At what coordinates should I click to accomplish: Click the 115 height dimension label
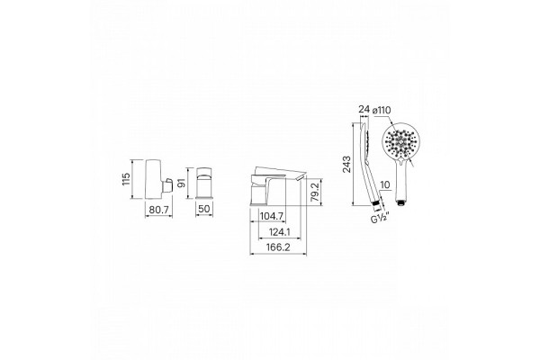point(126,179)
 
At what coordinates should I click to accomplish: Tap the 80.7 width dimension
point(158,210)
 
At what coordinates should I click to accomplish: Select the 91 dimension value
point(181,183)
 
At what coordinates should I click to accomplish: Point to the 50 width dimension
point(204,209)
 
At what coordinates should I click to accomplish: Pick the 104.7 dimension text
point(272,216)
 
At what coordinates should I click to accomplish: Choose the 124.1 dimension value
point(279,232)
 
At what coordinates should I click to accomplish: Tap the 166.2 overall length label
point(278,247)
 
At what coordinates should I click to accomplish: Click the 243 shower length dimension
point(346,165)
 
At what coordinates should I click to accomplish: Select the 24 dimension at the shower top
point(364,110)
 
